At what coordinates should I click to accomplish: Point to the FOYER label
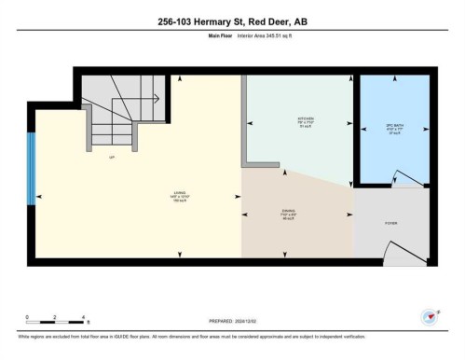pyautogui.click(x=391, y=224)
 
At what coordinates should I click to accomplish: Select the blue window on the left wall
pyautogui.click(x=31, y=168)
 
